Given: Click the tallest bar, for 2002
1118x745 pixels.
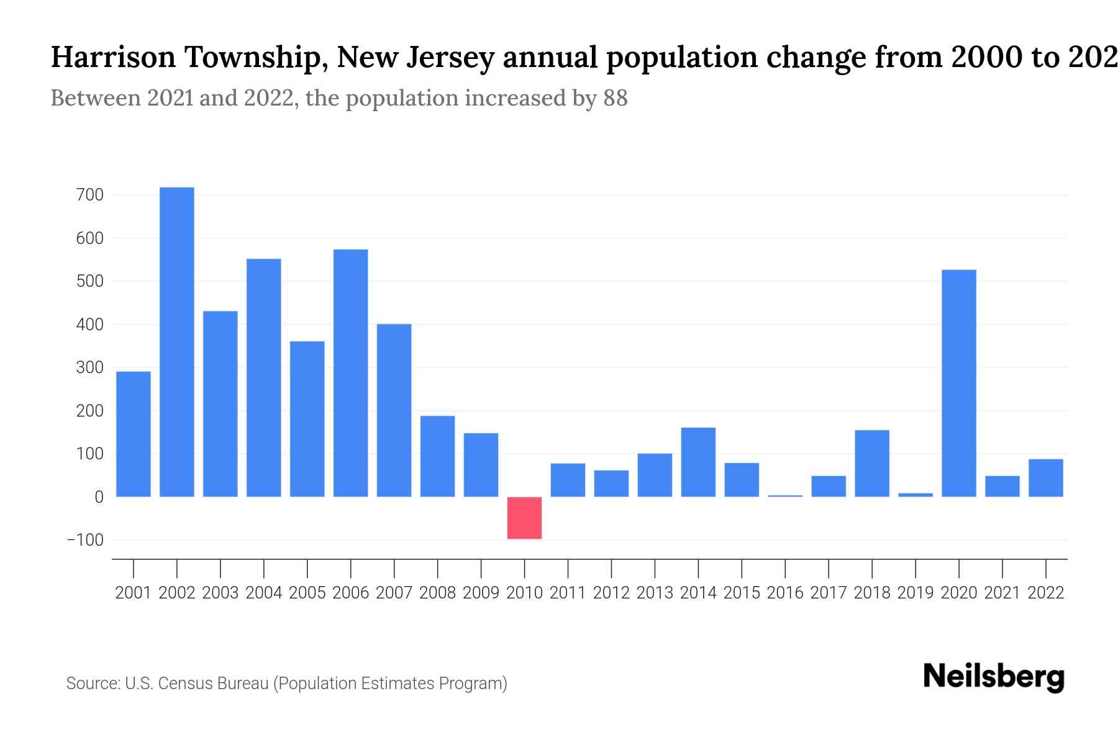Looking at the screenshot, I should [x=177, y=341].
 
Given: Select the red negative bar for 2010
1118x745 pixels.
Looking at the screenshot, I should [x=524, y=518].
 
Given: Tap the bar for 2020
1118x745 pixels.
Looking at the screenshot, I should [x=959, y=383].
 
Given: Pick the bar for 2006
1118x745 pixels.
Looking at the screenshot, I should [x=351, y=372].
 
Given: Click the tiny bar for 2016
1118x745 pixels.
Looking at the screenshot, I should [x=785, y=495].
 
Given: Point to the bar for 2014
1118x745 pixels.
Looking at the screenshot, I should [x=698, y=462].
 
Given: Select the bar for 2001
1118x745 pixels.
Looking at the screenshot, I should [x=134, y=434].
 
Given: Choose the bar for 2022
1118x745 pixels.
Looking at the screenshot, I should [x=1046, y=477].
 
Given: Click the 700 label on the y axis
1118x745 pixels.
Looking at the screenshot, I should [x=89, y=196].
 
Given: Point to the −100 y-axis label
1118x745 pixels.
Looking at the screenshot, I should [x=85, y=540].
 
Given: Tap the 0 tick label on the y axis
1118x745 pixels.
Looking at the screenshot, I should [x=99, y=497].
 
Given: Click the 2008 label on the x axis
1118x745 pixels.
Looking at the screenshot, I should [x=437, y=593].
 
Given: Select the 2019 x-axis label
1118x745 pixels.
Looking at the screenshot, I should [x=916, y=593].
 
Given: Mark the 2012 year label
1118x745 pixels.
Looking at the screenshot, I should [x=611, y=593].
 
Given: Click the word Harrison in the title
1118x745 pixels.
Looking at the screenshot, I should [x=113, y=58].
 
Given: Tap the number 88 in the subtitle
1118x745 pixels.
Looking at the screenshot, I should [x=615, y=98].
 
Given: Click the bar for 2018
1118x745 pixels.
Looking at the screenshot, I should [x=872, y=463].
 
